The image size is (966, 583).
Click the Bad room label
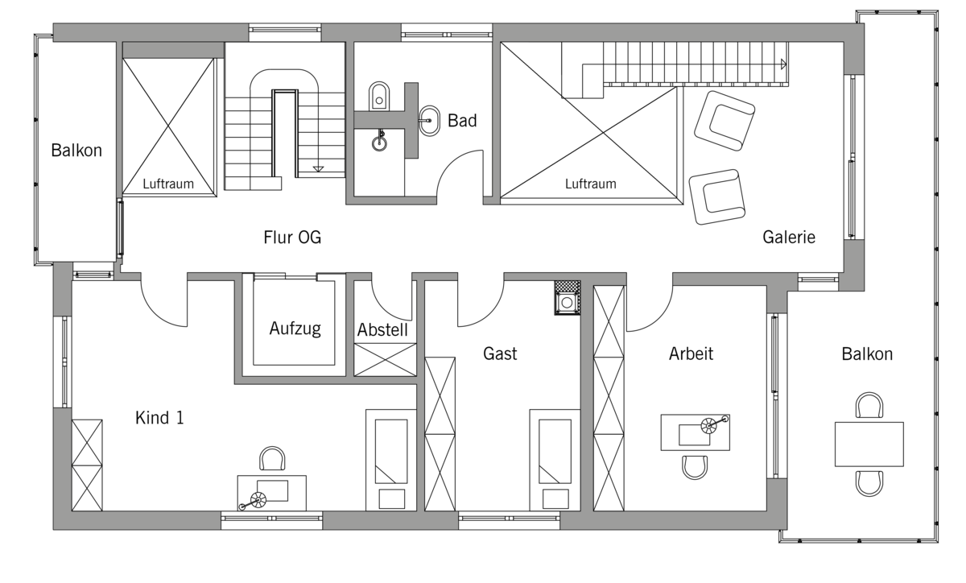click(x=462, y=121)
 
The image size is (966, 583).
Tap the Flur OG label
click(x=292, y=238)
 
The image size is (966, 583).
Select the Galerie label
click(x=789, y=237)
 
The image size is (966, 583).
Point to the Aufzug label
click(x=295, y=329)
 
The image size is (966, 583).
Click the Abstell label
click(x=382, y=330)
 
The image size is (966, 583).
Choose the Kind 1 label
click(x=159, y=418)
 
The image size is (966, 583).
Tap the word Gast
click(x=500, y=354)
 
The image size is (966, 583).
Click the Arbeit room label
click(x=691, y=354)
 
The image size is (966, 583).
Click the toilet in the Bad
click(x=379, y=96)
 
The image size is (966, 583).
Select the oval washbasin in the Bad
click(x=429, y=121)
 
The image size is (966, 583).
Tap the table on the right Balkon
click(x=869, y=444)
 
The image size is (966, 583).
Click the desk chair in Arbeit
click(x=695, y=468)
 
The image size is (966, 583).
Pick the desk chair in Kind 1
click(x=272, y=458)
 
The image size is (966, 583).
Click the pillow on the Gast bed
click(x=555, y=498)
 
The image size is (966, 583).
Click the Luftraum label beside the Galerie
click(x=590, y=184)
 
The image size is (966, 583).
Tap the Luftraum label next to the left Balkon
click(x=168, y=184)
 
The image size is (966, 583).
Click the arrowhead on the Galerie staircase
click(x=783, y=64)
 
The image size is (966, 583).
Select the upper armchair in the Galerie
click(x=724, y=121)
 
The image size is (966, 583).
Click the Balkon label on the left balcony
click(x=76, y=151)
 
